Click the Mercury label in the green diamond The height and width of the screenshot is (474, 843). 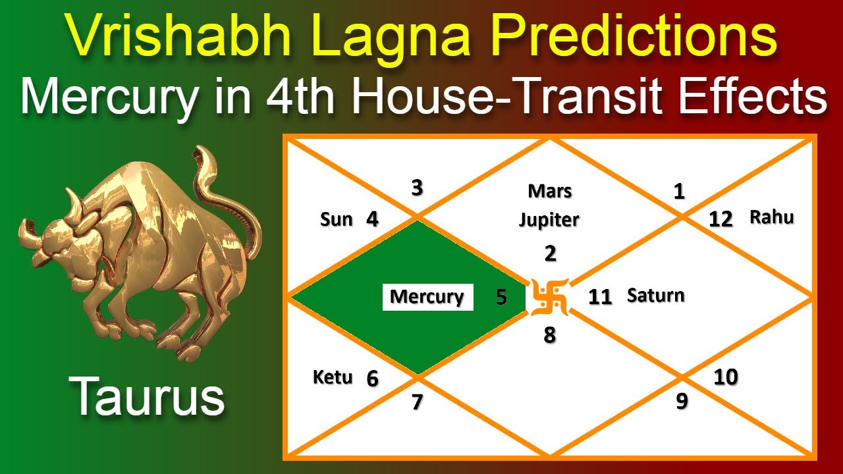tap(427, 297)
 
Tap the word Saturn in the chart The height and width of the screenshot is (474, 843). tap(655, 296)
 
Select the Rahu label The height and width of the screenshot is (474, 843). tap(771, 217)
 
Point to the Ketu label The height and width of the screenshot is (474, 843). tap(333, 378)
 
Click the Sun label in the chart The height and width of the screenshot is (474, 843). tap(337, 219)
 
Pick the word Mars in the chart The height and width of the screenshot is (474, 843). tap(550, 192)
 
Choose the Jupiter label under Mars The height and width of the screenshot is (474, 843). tap(549, 220)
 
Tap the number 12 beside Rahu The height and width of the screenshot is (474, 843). tap(721, 219)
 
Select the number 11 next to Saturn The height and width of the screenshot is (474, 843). tap(600, 297)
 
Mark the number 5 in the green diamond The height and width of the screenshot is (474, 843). tap(501, 298)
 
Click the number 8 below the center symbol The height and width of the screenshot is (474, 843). tap(549, 336)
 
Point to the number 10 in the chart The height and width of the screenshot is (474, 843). tap(725, 377)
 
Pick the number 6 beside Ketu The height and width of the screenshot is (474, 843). tap(373, 379)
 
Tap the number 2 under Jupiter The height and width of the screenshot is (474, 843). tap(550, 253)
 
